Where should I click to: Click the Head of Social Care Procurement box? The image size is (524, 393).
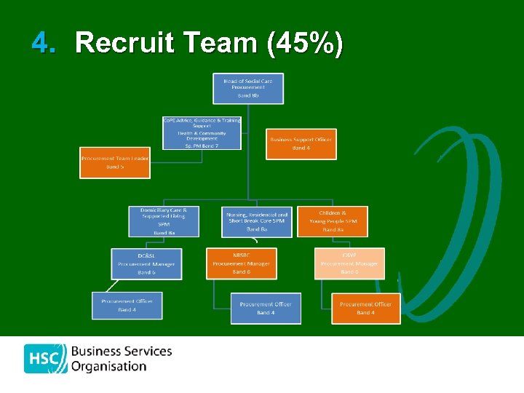coord(248,88)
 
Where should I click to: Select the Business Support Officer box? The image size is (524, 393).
coord(301,143)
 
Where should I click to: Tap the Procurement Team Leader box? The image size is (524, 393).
coord(115,162)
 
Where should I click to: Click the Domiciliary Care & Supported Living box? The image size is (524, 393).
coord(163,221)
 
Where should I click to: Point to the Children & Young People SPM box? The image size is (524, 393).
coord(333,221)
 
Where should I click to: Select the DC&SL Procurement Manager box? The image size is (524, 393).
coord(146,263)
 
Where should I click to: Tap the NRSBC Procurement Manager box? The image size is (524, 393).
coord(241,263)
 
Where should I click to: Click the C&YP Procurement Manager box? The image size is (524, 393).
coord(349,263)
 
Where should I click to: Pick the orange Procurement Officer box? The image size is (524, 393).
coord(365,308)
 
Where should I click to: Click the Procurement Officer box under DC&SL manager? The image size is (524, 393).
coord(127,305)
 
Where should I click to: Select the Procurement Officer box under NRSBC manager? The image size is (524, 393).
coord(266,308)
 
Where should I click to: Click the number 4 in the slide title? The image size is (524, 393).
coord(43,44)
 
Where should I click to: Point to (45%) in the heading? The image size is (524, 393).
coord(305,44)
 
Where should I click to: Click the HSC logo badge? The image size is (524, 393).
coord(45,358)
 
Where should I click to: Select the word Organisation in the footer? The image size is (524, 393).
coord(108,367)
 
